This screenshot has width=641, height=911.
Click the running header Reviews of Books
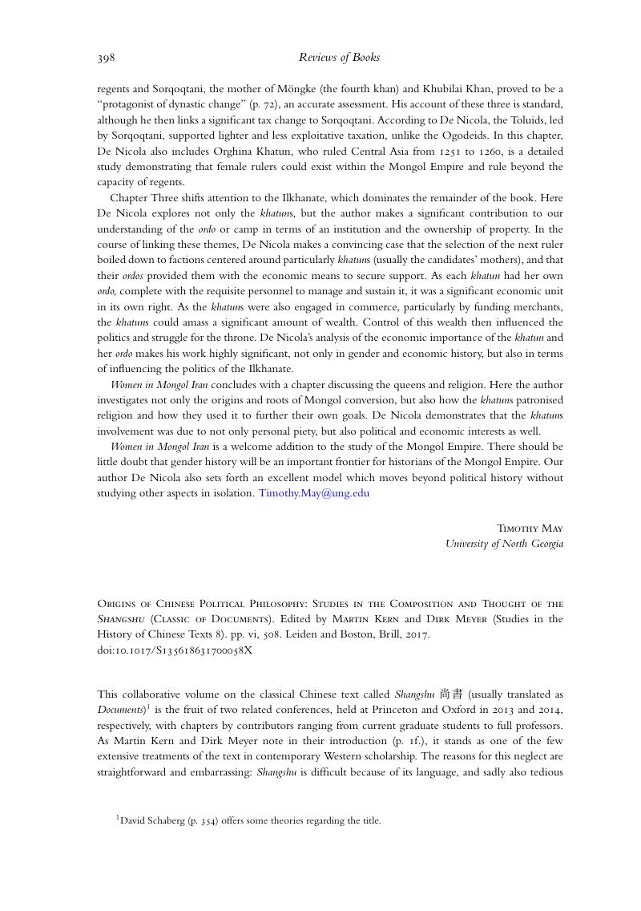[x=339, y=58]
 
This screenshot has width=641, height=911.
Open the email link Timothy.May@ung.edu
[x=314, y=493]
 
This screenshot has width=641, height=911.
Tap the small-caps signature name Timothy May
[x=530, y=528]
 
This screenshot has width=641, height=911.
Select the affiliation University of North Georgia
[x=504, y=544]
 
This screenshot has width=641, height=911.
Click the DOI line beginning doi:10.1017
[x=175, y=650]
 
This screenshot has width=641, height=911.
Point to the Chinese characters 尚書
[x=451, y=694]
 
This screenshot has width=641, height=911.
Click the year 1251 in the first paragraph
[x=460, y=152]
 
